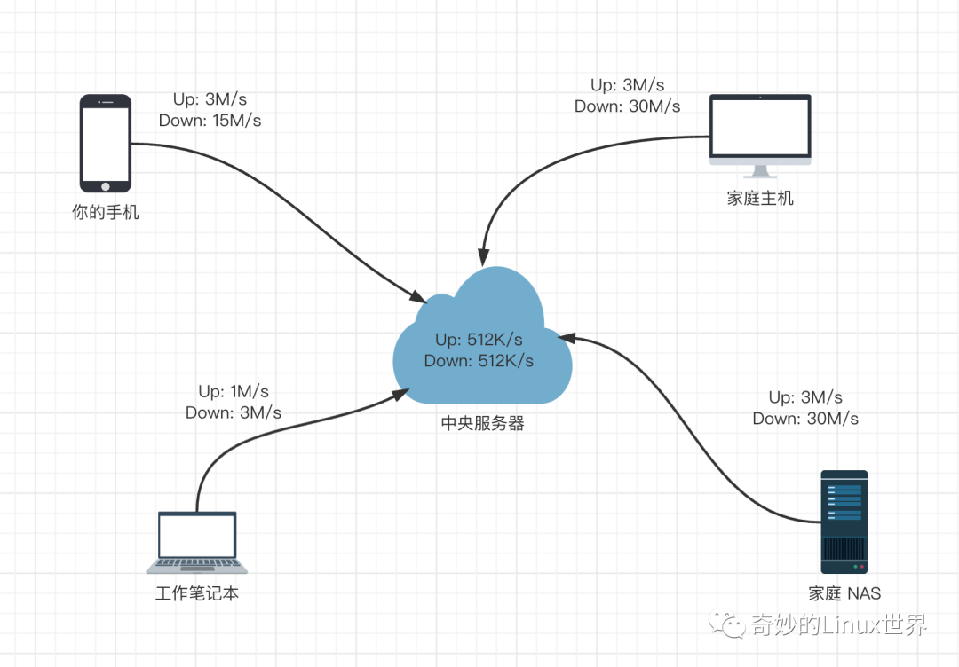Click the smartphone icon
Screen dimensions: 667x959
point(106,143)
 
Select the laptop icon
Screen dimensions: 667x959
point(197,542)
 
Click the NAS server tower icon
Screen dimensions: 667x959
point(844,522)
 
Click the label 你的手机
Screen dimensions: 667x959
point(106,213)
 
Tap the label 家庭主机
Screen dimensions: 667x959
point(760,199)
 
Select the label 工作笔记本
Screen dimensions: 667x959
point(197,593)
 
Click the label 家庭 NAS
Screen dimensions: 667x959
point(844,593)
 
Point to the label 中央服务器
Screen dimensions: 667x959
point(483,423)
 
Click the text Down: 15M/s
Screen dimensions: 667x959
point(210,121)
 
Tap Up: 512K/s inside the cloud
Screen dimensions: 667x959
point(479,340)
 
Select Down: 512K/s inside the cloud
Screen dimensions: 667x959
point(479,360)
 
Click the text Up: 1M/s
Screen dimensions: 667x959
point(234,391)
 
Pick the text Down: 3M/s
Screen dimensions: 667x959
point(234,412)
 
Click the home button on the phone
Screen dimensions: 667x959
point(106,185)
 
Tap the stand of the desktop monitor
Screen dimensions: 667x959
point(760,171)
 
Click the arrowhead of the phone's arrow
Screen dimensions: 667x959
point(418,296)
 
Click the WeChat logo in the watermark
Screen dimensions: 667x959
point(734,625)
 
